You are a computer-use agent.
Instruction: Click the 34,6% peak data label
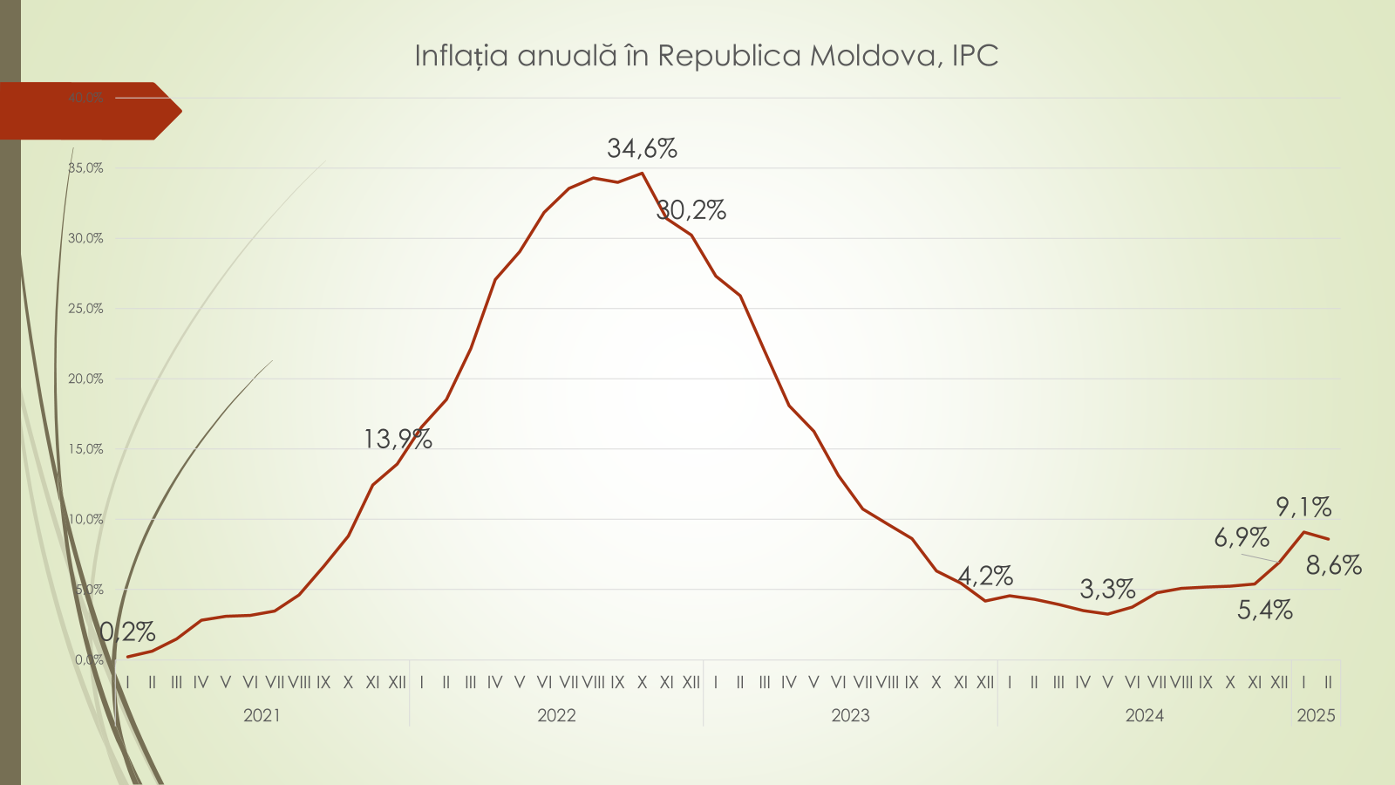tap(642, 149)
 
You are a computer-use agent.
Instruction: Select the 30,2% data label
tap(691, 210)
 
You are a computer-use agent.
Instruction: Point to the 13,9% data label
tap(398, 439)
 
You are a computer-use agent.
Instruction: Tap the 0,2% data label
tap(127, 631)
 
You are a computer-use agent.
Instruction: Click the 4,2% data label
tap(985, 577)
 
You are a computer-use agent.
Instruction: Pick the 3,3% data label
tap(1107, 590)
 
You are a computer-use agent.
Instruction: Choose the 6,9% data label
tap(1242, 537)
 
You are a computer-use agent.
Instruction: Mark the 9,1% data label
tap(1303, 507)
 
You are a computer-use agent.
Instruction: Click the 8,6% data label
tap(1333, 566)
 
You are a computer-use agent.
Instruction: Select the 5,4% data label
tap(1264, 610)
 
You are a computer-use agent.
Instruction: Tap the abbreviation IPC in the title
tap(975, 56)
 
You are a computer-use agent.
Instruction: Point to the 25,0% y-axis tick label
tap(85, 309)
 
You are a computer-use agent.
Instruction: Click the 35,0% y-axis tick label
tap(85, 168)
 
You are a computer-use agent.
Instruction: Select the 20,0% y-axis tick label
tap(85, 379)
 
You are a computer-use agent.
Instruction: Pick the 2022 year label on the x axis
tap(556, 716)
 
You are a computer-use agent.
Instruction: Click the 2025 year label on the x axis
tap(1316, 716)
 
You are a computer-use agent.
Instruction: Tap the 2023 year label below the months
tap(850, 716)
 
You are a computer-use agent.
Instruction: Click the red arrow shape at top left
tap(87, 111)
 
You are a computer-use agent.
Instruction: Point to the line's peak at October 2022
tap(643, 173)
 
